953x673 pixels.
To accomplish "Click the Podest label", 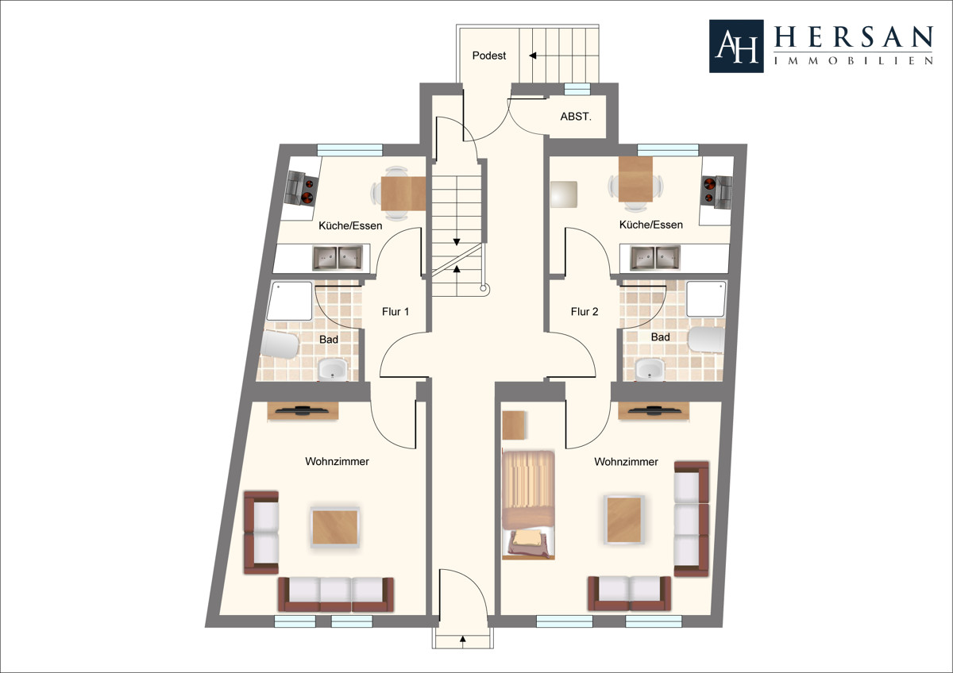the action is click(489, 56).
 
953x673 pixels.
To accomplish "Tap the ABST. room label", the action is click(576, 117).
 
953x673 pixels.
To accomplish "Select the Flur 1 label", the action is click(395, 312).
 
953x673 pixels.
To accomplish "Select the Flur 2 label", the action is click(585, 312).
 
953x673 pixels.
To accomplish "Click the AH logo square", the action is click(736, 46).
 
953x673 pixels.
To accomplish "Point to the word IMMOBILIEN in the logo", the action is click(854, 61).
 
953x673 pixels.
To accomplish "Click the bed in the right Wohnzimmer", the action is click(528, 505).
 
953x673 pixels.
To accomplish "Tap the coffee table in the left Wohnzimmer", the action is click(335, 527).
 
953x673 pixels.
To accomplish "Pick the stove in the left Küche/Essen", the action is click(302, 187).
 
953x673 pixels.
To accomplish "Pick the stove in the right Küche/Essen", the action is click(717, 192).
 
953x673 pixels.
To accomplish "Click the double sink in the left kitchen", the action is click(338, 258).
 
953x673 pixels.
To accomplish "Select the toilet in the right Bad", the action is click(706, 340).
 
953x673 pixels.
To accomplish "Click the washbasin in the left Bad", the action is click(333, 370).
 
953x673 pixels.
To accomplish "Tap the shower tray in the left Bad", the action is click(289, 301).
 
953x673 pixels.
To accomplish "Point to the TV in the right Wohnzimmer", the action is click(653, 410).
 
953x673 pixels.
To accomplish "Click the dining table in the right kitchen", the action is click(635, 179).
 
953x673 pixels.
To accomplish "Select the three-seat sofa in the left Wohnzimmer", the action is click(336, 594).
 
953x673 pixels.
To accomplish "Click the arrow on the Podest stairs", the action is click(533, 56).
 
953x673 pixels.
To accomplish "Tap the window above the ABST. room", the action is click(577, 89).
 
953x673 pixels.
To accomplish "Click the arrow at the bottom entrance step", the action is click(463, 639).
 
